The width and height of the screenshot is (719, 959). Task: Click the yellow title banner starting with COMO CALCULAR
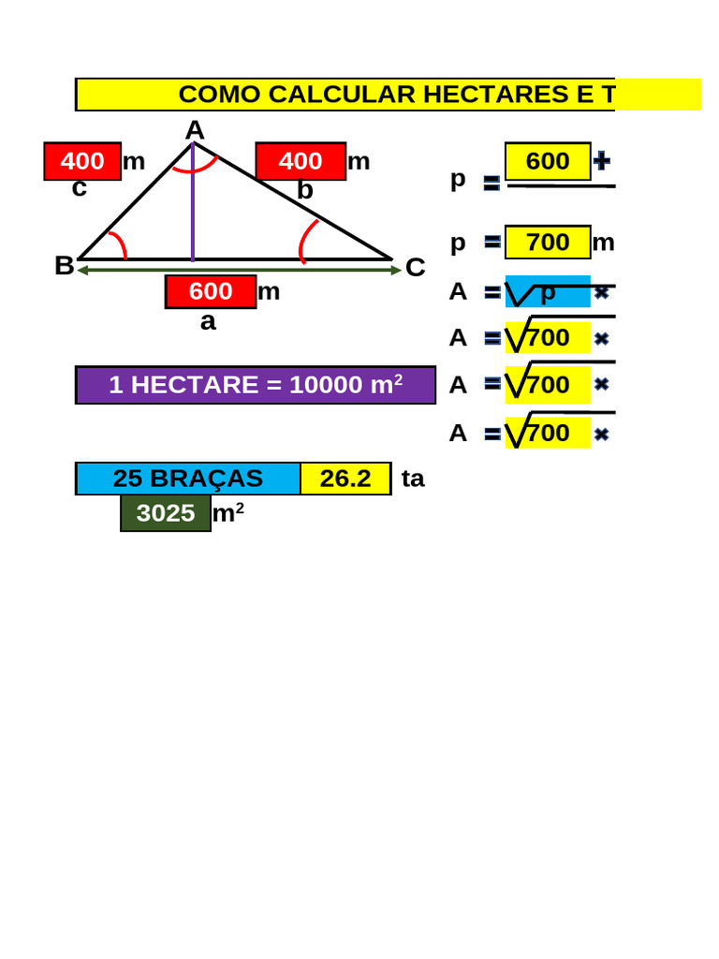point(388,95)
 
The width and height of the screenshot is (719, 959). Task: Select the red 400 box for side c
point(82,161)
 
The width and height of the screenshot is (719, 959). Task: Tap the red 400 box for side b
point(301,161)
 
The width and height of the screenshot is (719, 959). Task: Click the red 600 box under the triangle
point(211,292)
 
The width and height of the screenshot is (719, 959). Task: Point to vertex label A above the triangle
point(195,130)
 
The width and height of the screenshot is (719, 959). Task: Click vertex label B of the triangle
point(65,266)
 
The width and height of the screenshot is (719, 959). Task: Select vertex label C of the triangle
point(415,267)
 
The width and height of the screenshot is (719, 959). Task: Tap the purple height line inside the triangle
point(193,202)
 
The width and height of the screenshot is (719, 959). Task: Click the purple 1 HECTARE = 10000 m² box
point(256,385)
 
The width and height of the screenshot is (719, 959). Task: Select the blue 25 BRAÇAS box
point(187,479)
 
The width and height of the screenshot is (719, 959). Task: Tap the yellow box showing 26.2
point(345,479)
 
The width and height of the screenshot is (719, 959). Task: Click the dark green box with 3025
point(166,513)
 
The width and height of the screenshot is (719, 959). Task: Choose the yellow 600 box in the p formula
point(548,161)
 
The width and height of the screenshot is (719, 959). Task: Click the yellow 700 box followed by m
point(548,243)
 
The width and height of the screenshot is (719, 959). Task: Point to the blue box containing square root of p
point(548,292)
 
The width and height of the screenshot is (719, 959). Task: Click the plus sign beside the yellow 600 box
point(602,161)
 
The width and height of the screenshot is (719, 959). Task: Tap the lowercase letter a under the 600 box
point(208,322)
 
